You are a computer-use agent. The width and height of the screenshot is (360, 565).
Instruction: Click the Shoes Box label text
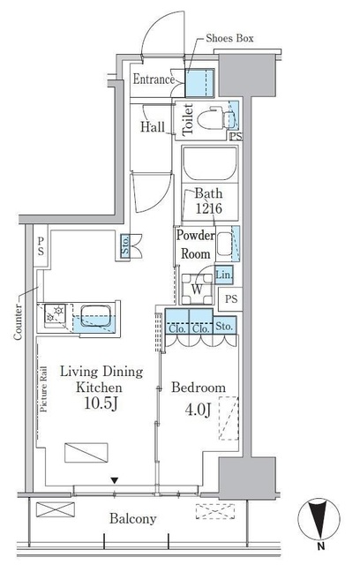[x=230, y=39]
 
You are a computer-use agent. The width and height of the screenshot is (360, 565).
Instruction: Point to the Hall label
[x=152, y=127]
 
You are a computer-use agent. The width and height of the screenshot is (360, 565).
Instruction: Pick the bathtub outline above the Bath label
[x=209, y=164]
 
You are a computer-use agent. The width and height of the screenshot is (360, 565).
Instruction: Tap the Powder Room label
[x=194, y=245]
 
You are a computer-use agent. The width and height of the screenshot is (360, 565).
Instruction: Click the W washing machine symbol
[x=198, y=289]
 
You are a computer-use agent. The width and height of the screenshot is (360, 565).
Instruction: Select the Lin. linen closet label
[x=223, y=275]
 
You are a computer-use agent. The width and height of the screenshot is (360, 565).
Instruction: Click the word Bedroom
[x=198, y=388]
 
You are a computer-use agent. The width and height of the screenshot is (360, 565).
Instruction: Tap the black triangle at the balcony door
[x=113, y=480]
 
